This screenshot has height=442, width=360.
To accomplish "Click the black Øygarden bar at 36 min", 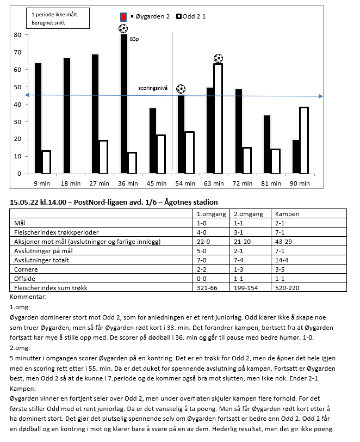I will (x=124, y=104).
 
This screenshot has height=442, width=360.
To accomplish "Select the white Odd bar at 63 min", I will (x=218, y=118).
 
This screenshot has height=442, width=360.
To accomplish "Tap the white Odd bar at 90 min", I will (x=303, y=140).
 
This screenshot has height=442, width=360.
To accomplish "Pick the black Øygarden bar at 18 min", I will (x=66, y=115).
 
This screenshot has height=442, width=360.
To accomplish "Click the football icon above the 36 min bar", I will (x=123, y=29).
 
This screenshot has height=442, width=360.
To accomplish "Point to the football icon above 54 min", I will (x=181, y=89).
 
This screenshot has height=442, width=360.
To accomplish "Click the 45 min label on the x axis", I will (x=157, y=184).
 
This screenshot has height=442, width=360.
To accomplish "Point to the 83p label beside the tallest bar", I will (x=135, y=39).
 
